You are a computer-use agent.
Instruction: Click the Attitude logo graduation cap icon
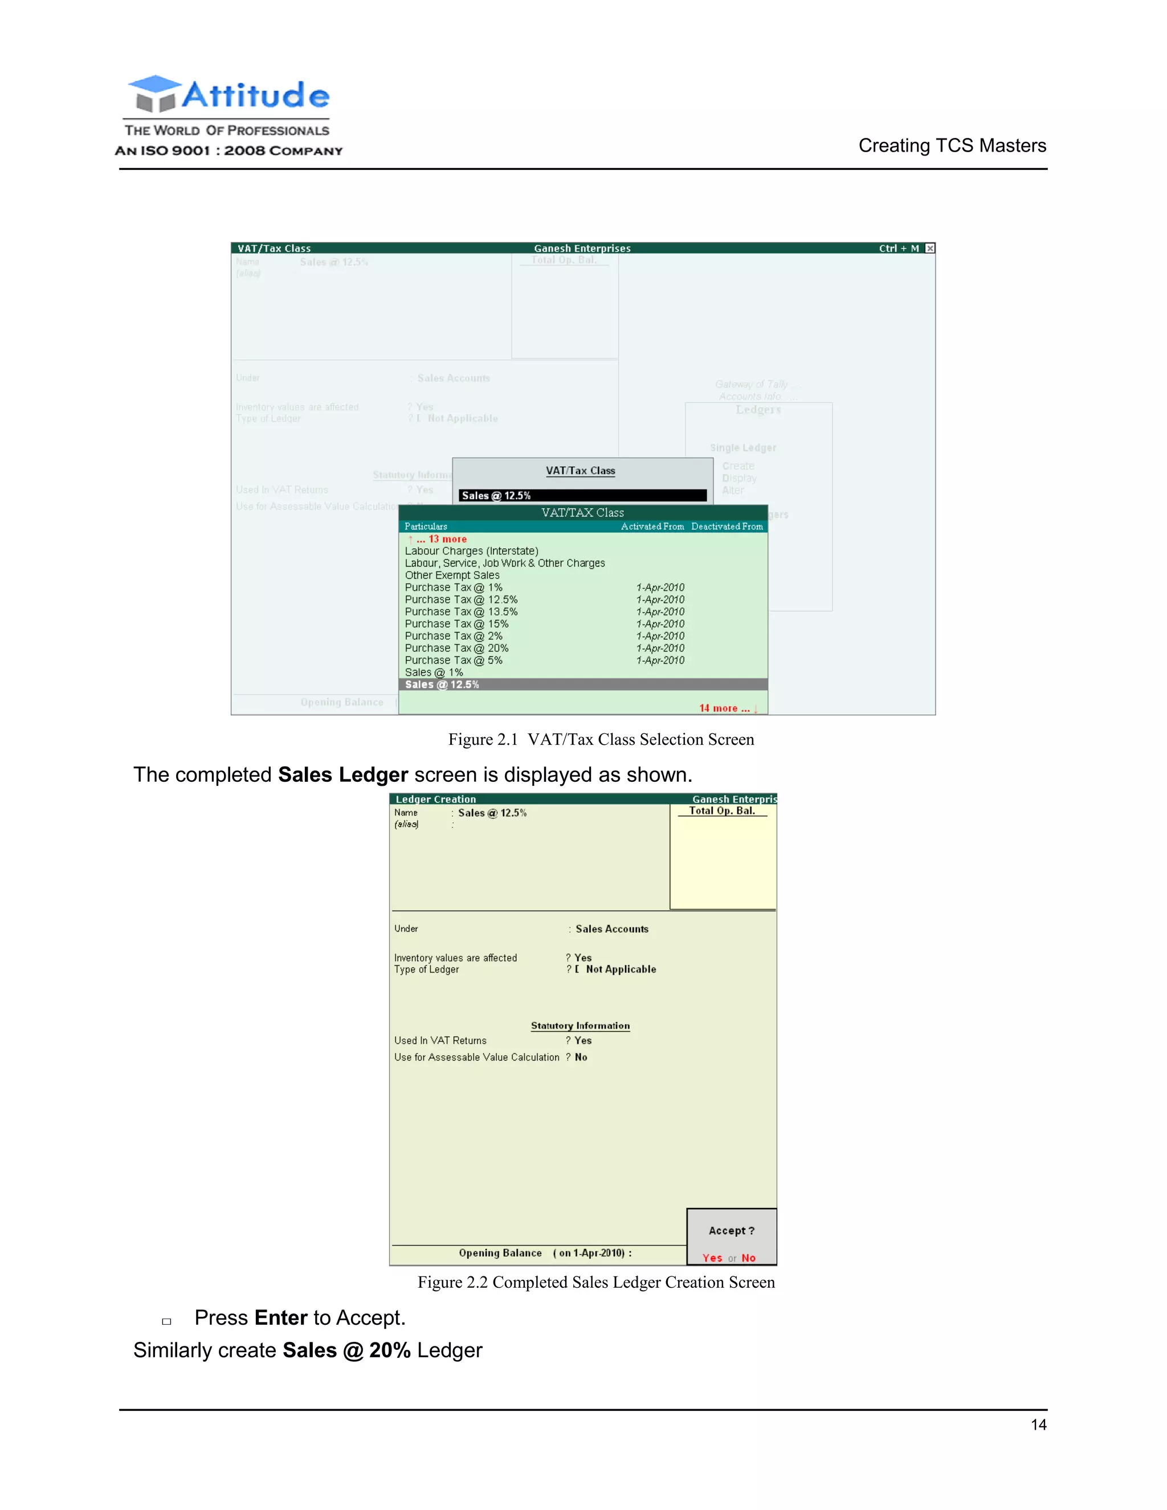pos(154,93)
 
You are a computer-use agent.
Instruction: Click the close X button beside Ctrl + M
pos(930,248)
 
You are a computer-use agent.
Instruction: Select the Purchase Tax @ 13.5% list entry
pos(461,612)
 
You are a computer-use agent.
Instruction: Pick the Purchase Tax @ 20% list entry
pos(456,648)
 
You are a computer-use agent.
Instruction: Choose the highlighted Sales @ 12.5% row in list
pos(442,684)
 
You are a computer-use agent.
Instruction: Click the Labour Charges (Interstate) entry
pos(471,551)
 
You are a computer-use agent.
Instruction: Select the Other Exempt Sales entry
pos(452,576)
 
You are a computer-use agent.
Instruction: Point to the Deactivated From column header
pos(727,527)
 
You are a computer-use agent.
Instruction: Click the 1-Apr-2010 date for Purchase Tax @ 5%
pos(660,660)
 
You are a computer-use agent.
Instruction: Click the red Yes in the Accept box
pos(712,1258)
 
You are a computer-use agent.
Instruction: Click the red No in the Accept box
pos(748,1258)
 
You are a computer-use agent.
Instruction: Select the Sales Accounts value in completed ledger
pos(612,929)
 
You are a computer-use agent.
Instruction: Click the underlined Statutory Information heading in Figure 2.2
pos(580,1026)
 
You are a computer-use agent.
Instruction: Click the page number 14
pos(1038,1425)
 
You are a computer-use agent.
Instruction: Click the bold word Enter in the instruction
pos(281,1318)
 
